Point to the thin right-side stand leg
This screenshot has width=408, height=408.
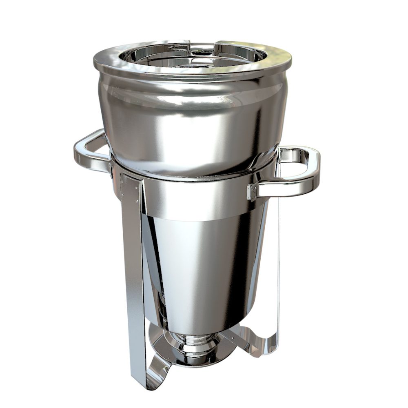(279, 265)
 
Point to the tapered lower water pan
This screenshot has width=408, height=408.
(200, 265)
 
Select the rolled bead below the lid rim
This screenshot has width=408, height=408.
(192, 80)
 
